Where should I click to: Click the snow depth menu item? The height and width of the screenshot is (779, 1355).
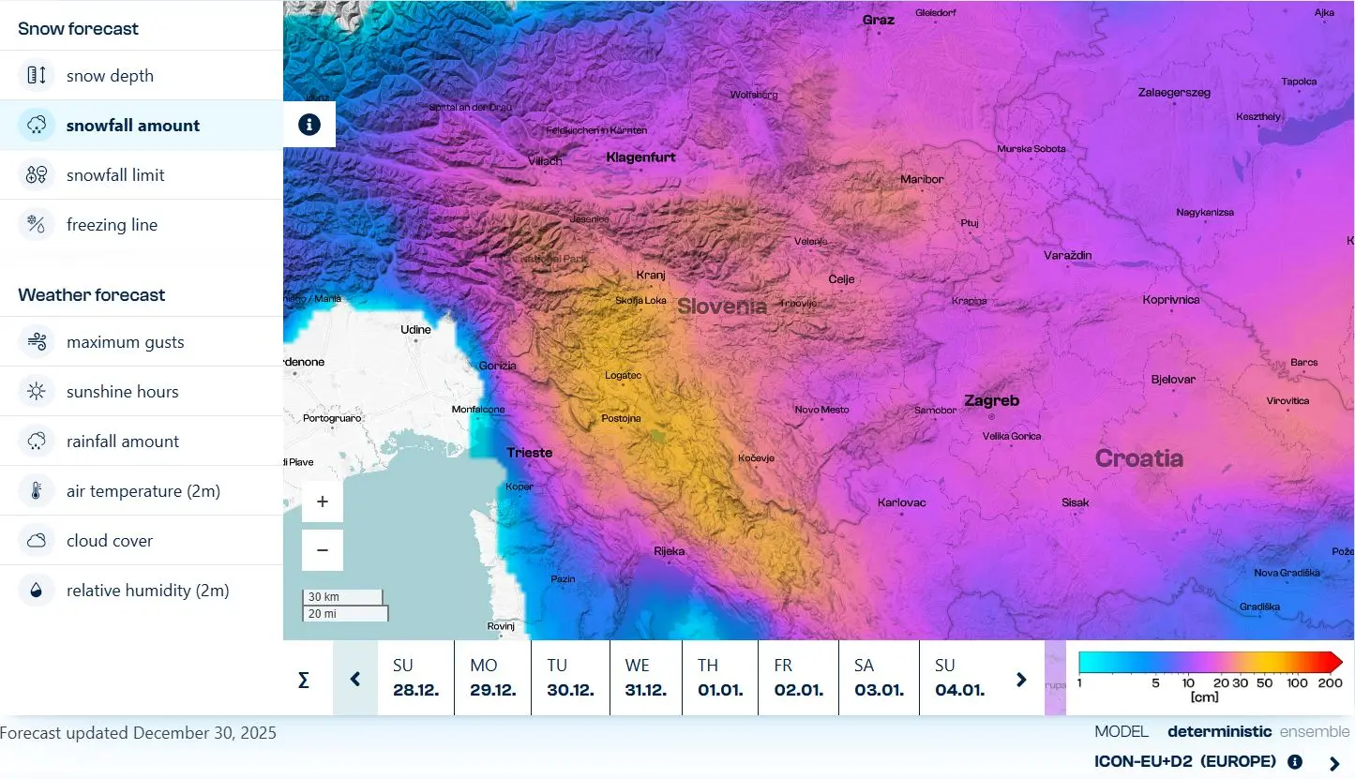tap(110, 76)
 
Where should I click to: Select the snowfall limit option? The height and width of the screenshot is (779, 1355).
tap(115, 175)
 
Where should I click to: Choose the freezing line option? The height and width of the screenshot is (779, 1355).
tap(112, 225)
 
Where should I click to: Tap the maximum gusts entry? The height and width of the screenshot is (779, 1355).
tap(125, 342)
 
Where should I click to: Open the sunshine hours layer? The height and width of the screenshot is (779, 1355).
tap(122, 392)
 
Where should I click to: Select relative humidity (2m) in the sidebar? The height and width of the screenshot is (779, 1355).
tap(147, 591)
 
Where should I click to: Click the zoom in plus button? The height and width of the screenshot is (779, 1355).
tap(323, 502)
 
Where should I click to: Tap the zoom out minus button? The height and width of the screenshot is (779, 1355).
tap(323, 550)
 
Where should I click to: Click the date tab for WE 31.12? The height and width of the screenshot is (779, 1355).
tap(645, 678)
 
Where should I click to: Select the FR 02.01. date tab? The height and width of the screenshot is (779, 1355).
tap(798, 678)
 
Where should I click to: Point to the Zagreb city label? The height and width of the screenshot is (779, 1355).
tap(991, 401)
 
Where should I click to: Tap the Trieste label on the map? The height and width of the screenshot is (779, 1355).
tap(530, 453)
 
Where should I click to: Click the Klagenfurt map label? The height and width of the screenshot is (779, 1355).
tap(640, 157)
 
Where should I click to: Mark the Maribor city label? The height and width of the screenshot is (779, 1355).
tap(922, 179)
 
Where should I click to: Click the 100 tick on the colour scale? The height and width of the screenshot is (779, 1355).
tap(1297, 682)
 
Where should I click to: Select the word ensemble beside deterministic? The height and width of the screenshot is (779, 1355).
tap(1315, 731)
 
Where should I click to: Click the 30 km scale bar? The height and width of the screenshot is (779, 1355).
tap(342, 597)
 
